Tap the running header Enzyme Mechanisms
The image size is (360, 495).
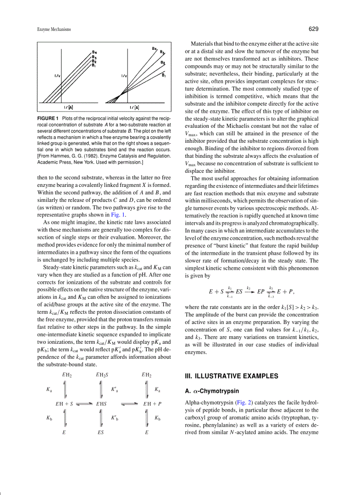click(x=54, y=30)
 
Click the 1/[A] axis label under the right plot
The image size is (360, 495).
click(x=134, y=108)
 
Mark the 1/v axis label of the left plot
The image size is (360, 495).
click(x=57, y=76)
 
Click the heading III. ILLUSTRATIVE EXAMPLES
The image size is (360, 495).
click(x=232, y=376)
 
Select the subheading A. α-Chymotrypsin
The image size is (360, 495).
click(x=213, y=391)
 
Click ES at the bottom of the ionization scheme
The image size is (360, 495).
click(x=101, y=433)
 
